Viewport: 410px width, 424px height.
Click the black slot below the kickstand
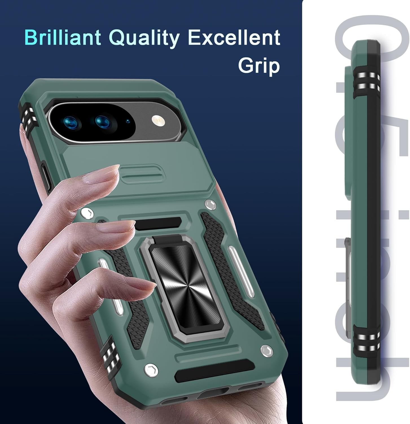click(x=214, y=370)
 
